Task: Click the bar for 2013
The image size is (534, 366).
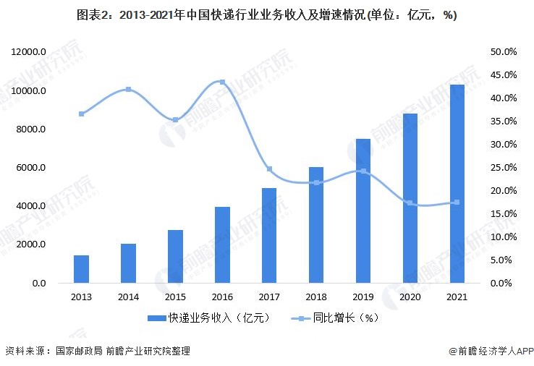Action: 81,269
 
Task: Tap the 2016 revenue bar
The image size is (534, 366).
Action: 221,245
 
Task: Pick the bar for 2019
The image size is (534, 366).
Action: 363,210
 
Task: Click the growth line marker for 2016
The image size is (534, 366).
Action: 221,82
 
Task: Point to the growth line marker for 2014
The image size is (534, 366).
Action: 128,90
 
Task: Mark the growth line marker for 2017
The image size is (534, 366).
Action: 269,169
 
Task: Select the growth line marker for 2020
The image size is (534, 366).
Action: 410,203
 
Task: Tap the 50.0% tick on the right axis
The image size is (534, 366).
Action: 503,52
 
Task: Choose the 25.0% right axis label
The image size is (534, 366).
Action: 503,168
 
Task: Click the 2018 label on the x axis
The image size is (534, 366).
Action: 315,297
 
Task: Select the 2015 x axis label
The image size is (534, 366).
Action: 175,297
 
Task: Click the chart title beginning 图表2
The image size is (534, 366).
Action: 266,15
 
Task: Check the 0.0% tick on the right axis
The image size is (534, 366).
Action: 505,283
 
